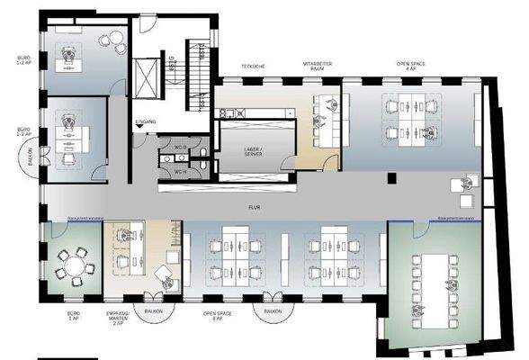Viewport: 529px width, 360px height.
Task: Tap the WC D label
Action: [x=180, y=146]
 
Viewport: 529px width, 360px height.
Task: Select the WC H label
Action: [x=180, y=169]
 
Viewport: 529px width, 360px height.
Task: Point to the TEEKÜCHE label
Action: [x=252, y=67]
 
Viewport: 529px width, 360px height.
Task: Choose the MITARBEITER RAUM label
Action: [x=317, y=67]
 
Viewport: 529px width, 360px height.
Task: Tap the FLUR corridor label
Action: [x=266, y=206]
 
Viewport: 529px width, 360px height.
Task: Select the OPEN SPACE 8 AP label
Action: [x=213, y=319]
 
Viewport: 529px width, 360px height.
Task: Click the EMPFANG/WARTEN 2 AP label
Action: [x=120, y=319]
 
